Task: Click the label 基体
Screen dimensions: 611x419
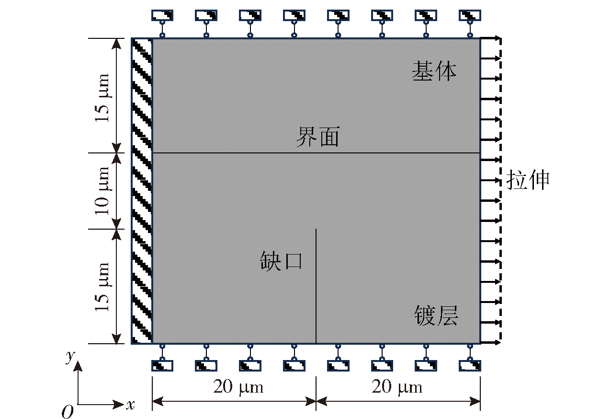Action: (x=434, y=71)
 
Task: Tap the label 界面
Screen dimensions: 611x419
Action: (x=318, y=137)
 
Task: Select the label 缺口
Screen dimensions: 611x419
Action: (x=281, y=261)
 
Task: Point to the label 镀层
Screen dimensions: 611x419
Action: (x=436, y=315)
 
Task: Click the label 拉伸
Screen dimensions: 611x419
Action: (x=528, y=179)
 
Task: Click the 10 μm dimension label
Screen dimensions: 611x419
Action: (x=102, y=191)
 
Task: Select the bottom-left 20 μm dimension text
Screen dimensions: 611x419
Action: (x=238, y=387)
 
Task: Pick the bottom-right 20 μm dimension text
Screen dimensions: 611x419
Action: (x=397, y=387)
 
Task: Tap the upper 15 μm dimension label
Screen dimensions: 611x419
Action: (x=102, y=98)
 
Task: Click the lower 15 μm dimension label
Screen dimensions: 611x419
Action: (x=102, y=287)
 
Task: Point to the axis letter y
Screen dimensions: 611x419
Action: (x=70, y=357)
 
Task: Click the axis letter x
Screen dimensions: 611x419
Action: (x=130, y=405)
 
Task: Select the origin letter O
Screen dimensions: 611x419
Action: (x=68, y=412)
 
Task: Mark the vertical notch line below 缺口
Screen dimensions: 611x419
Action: (x=316, y=286)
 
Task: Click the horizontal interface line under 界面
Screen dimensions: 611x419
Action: (x=316, y=152)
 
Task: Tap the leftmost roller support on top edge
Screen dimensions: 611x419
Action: (x=162, y=23)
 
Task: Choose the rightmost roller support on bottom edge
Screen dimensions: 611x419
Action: (x=470, y=358)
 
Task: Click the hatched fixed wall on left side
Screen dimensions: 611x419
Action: (x=142, y=191)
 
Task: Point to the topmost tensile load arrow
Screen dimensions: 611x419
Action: (x=490, y=38)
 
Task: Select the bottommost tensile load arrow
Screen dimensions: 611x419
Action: (x=490, y=342)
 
